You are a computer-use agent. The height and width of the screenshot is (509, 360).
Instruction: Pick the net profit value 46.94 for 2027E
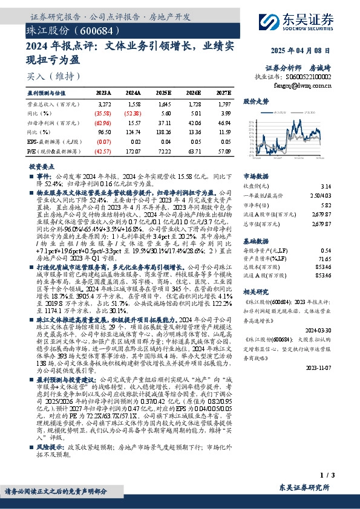224,122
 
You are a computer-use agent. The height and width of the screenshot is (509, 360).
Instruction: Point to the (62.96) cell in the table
102,122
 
